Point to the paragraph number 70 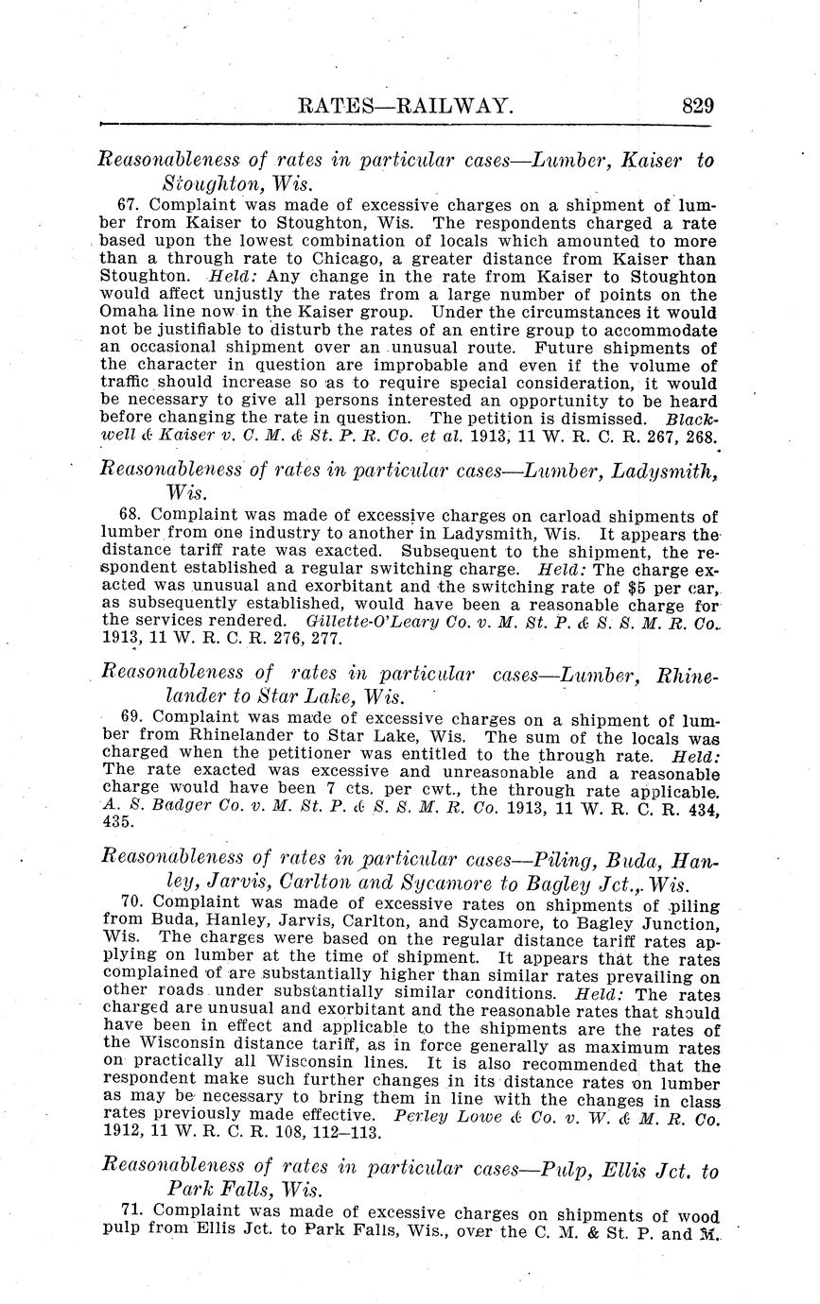(x=132, y=901)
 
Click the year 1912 (x=120, y=1133)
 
